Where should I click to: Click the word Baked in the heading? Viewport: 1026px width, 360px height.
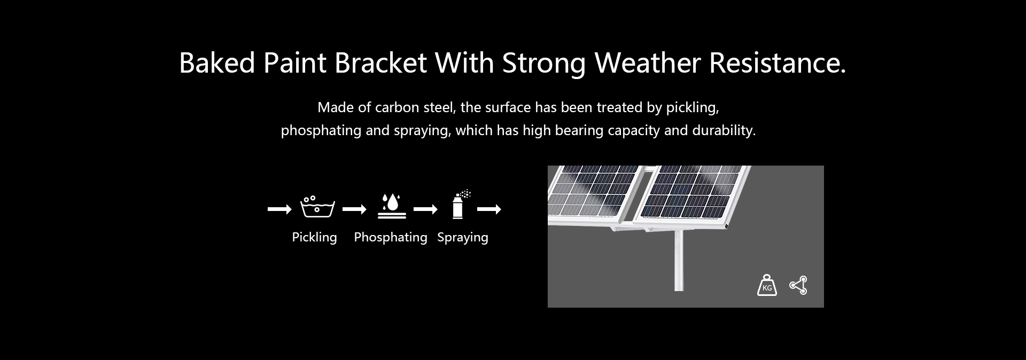click(217, 63)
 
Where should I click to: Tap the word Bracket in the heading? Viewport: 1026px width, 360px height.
click(380, 63)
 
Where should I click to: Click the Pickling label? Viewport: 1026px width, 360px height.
click(314, 237)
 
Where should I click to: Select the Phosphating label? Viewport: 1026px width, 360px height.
click(391, 237)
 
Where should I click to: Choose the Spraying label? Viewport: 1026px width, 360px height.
click(463, 237)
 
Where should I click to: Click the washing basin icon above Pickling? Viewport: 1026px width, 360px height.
click(317, 207)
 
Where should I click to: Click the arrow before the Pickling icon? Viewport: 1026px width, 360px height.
click(279, 209)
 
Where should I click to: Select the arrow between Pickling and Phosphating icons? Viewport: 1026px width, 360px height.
click(354, 209)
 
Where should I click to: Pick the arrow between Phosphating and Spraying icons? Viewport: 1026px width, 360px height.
click(425, 209)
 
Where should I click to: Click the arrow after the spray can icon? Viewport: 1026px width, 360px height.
click(489, 209)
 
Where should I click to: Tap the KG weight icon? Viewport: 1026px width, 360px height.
click(767, 285)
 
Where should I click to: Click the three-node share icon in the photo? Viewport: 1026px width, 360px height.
click(798, 285)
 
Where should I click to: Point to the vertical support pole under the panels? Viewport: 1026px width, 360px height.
click(679, 261)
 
